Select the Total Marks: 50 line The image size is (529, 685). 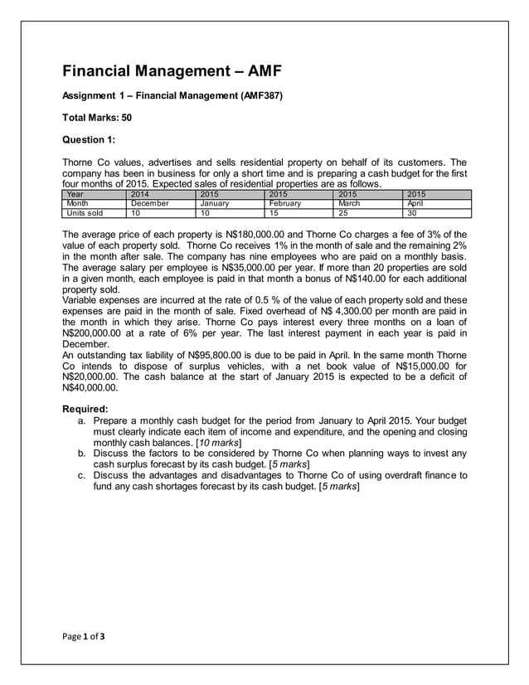97,118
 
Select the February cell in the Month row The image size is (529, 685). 285,203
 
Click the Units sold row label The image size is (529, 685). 85,213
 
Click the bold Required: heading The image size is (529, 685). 85,409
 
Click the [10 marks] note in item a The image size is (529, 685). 216,444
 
